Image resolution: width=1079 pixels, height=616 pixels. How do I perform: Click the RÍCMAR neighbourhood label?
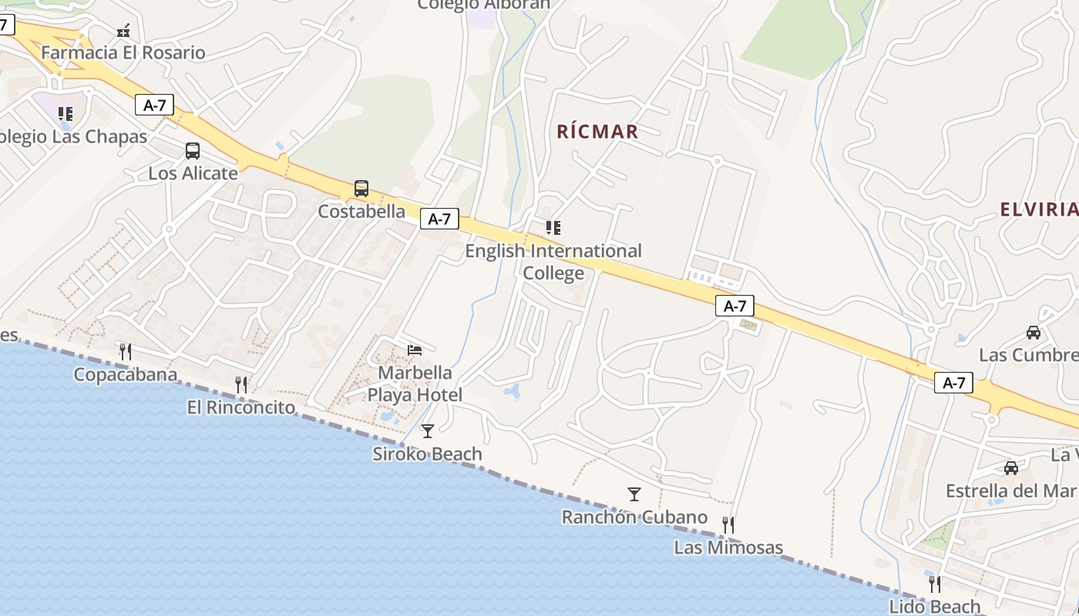tap(597, 132)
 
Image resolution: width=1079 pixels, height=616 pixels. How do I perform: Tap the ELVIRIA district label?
tap(1038, 209)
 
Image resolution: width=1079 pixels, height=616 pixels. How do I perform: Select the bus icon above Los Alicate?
tap(193, 151)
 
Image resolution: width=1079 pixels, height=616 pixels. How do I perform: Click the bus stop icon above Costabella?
tap(361, 189)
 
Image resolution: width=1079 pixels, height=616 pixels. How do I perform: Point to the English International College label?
tap(553, 262)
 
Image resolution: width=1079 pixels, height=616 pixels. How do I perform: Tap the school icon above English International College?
tap(553, 228)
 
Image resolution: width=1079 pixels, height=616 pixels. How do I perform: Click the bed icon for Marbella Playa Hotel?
tap(415, 350)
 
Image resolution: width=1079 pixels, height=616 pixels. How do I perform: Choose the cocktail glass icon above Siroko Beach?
tap(428, 431)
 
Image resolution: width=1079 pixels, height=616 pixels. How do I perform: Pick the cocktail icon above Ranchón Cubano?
tap(634, 494)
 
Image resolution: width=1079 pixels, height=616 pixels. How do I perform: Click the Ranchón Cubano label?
tap(634, 517)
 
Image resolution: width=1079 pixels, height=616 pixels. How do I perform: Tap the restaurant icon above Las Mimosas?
tap(728, 525)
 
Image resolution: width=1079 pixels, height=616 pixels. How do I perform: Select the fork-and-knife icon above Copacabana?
tap(126, 352)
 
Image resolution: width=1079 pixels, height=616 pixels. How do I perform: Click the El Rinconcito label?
tap(241, 407)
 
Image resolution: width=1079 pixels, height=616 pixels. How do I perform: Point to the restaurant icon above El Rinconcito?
tap(241, 384)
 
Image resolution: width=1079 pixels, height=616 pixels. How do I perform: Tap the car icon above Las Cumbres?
tap(1034, 333)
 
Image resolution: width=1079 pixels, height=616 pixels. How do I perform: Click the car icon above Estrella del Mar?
tap(1011, 468)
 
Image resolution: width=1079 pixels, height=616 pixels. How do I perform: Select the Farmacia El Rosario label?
tap(123, 53)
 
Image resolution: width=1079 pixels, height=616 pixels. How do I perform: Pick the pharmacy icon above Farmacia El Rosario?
tap(123, 32)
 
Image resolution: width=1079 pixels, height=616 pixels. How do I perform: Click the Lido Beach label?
tap(935, 607)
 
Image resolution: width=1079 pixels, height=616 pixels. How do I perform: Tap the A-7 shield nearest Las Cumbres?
tap(953, 383)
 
